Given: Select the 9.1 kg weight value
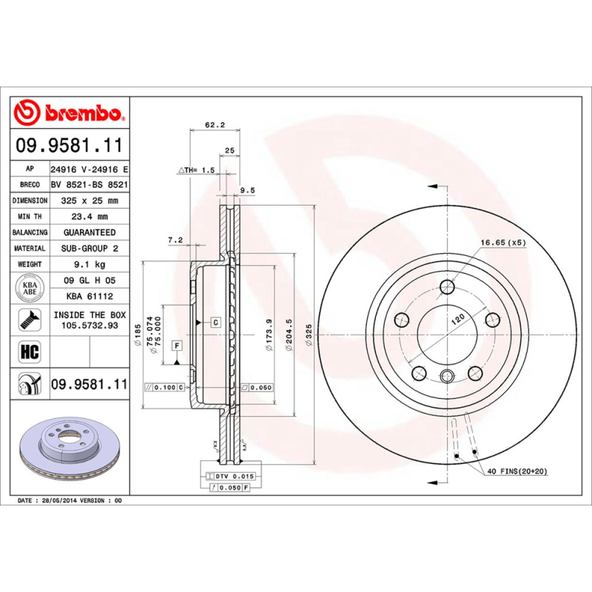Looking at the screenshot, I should (x=90, y=264).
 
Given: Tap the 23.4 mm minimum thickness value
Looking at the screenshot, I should (x=90, y=217).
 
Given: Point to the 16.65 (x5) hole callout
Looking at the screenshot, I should (x=502, y=243).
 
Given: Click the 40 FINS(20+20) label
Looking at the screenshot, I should (x=517, y=471).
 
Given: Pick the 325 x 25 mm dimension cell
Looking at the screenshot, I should (x=90, y=201).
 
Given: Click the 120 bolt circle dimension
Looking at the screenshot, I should (x=459, y=318).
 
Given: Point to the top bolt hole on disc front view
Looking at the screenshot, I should (x=446, y=287).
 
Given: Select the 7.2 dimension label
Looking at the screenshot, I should (x=175, y=240).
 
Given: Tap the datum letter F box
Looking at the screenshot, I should (x=177, y=346).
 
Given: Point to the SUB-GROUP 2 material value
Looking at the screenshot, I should (x=90, y=249).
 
